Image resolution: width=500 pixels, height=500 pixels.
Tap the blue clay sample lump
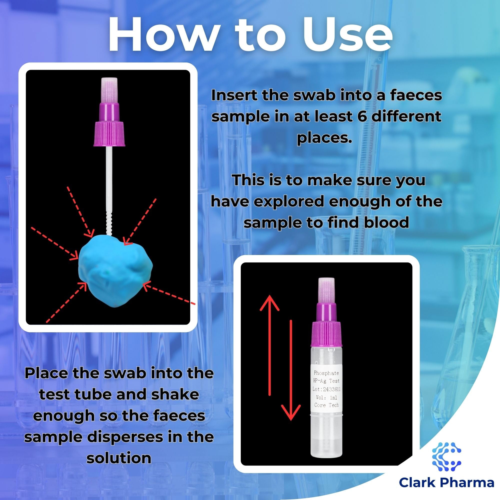(x=116, y=270)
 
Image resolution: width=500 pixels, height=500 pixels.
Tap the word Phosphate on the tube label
(x=326, y=373)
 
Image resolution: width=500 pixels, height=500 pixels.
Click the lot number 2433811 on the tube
(x=332, y=389)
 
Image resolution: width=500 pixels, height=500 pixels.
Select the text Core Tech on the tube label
(x=326, y=405)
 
